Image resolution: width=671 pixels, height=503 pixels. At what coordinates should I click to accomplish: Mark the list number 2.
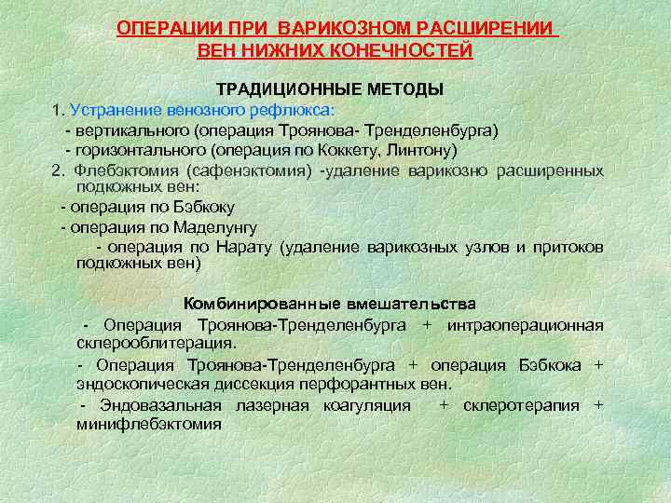pos(58,170)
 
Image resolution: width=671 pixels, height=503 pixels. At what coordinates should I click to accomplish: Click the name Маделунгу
pos(212,226)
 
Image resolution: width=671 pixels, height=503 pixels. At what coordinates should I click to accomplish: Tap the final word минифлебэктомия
pos(149,424)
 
